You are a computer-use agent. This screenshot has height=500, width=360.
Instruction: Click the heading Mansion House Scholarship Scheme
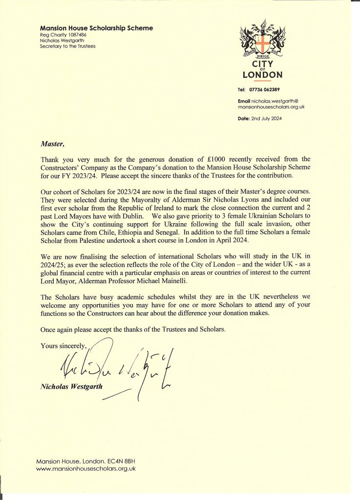[x=97, y=28]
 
